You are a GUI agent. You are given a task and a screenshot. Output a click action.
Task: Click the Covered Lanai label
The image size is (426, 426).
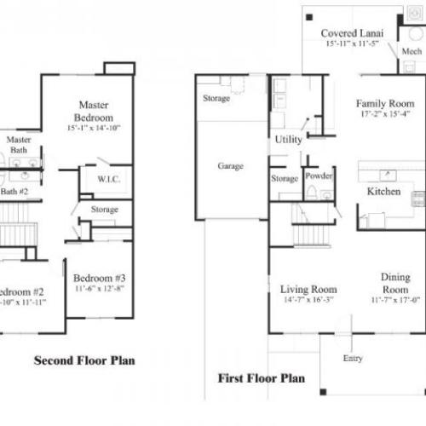point(351,34)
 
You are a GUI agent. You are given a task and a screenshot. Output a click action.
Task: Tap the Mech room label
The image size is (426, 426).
point(412,52)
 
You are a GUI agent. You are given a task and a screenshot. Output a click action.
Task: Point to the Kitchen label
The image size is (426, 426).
point(383,192)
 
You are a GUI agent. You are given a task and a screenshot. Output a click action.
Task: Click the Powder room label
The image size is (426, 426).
point(319,176)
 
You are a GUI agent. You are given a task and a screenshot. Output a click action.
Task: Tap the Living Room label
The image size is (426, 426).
point(308,290)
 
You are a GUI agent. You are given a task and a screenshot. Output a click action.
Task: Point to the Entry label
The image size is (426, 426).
point(352,359)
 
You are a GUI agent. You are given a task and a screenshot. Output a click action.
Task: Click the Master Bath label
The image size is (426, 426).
point(19,144)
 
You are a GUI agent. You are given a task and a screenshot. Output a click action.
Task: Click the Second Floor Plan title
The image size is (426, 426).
point(83,360)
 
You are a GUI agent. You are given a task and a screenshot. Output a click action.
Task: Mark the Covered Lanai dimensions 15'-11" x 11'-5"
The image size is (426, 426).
point(351,45)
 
